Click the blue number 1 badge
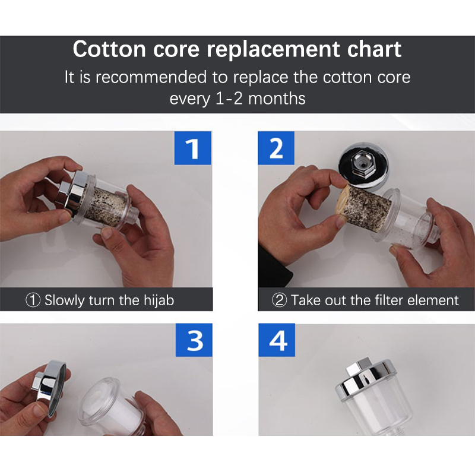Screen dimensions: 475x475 point(192,148)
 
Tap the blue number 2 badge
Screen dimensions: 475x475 point(276,148)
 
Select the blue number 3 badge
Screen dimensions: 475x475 point(194,340)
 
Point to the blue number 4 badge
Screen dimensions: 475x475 point(277,340)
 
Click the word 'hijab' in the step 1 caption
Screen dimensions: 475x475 point(159,300)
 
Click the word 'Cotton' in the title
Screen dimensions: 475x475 point(109,49)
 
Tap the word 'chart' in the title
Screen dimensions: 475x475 point(374,49)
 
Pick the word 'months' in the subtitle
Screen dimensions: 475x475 point(277,99)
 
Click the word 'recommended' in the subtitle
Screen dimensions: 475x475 point(151,77)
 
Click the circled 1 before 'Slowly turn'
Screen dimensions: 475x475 point(33,300)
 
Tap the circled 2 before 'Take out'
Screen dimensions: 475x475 point(279,300)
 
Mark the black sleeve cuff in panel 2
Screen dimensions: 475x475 point(274,267)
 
